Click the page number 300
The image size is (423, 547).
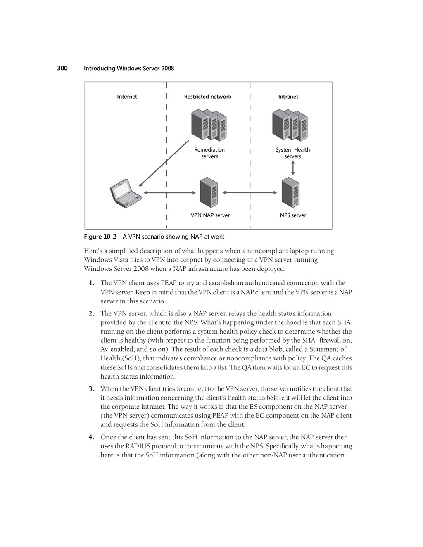62,68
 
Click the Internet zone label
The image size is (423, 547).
127,97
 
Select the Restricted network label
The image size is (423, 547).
207,97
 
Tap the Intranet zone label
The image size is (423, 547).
288,97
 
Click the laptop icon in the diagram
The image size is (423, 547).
126,192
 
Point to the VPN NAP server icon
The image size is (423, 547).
209,192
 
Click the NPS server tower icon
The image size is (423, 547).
290,192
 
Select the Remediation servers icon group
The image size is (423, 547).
209,125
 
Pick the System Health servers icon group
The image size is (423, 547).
290,125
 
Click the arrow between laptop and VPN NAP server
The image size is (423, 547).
170,192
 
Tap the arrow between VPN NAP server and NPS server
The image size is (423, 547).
250,192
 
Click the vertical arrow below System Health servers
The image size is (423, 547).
293,168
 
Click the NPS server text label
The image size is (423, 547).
293,215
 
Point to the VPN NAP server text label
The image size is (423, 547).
210,215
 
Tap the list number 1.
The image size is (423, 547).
91,283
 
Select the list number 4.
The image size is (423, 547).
91,437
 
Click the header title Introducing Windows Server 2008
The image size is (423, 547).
129,68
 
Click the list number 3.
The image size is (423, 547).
91,389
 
